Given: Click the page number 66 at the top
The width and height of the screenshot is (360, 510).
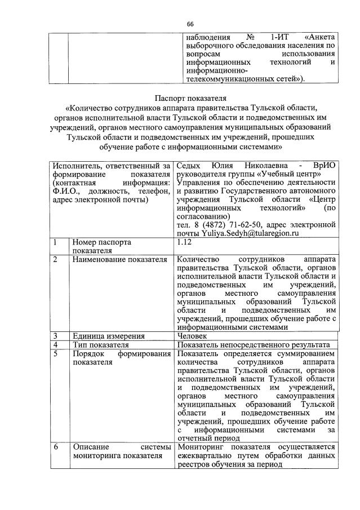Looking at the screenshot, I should [x=190, y=23].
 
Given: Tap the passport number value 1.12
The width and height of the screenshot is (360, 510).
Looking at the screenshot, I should [x=184, y=242].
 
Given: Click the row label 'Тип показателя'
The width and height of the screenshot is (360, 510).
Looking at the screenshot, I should [x=101, y=344].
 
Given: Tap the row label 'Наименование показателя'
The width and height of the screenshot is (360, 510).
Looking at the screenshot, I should [x=119, y=259].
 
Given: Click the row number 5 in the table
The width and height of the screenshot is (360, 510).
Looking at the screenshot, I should [x=55, y=353].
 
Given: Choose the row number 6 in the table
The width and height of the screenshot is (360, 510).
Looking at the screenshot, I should [x=56, y=447].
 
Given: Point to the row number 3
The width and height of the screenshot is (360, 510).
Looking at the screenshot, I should [x=55, y=336].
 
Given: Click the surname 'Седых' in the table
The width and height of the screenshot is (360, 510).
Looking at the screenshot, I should [x=190, y=166].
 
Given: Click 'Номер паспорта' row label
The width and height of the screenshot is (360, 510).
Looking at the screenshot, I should [x=101, y=242].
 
